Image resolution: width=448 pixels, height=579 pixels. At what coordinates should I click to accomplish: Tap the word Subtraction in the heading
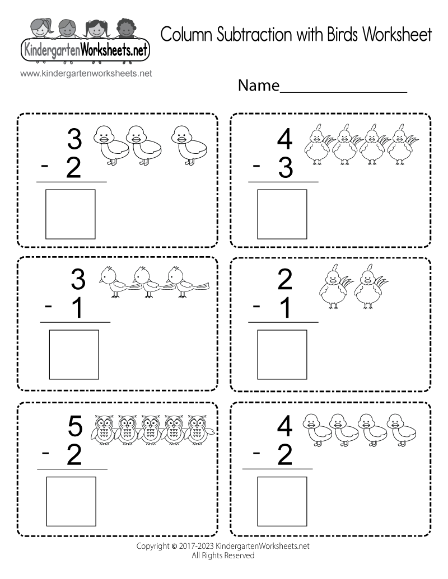pos(248,35)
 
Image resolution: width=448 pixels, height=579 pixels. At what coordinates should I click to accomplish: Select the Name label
pos(258,86)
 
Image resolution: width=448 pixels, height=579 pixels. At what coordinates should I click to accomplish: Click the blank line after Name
pos(343,90)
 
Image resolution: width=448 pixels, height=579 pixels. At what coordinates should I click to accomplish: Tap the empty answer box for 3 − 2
pos(70,214)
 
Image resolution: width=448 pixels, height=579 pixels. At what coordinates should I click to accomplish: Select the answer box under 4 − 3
pos(282,214)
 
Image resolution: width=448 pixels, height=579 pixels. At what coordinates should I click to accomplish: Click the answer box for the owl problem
pos(71,500)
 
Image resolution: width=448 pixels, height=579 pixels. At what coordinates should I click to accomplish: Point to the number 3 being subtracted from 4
pos(286,167)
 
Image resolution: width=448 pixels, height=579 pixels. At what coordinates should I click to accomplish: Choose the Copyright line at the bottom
pos(223,545)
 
